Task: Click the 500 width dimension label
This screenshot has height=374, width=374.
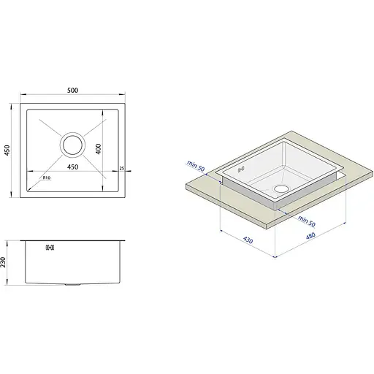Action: [x=72, y=91]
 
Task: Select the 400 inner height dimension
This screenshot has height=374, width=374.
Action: [x=99, y=149]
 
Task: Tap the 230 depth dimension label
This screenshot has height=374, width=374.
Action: [x=3, y=262]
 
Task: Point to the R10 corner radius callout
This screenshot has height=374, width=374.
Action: [x=47, y=178]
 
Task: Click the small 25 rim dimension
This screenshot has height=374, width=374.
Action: [x=122, y=168]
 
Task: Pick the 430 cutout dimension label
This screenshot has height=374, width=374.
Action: [x=248, y=240]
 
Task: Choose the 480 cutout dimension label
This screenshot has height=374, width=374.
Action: [x=310, y=236]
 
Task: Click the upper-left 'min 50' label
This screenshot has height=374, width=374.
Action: [x=196, y=166]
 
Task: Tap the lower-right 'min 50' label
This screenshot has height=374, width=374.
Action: [x=307, y=221]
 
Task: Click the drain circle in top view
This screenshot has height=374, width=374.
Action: [x=72, y=145]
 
